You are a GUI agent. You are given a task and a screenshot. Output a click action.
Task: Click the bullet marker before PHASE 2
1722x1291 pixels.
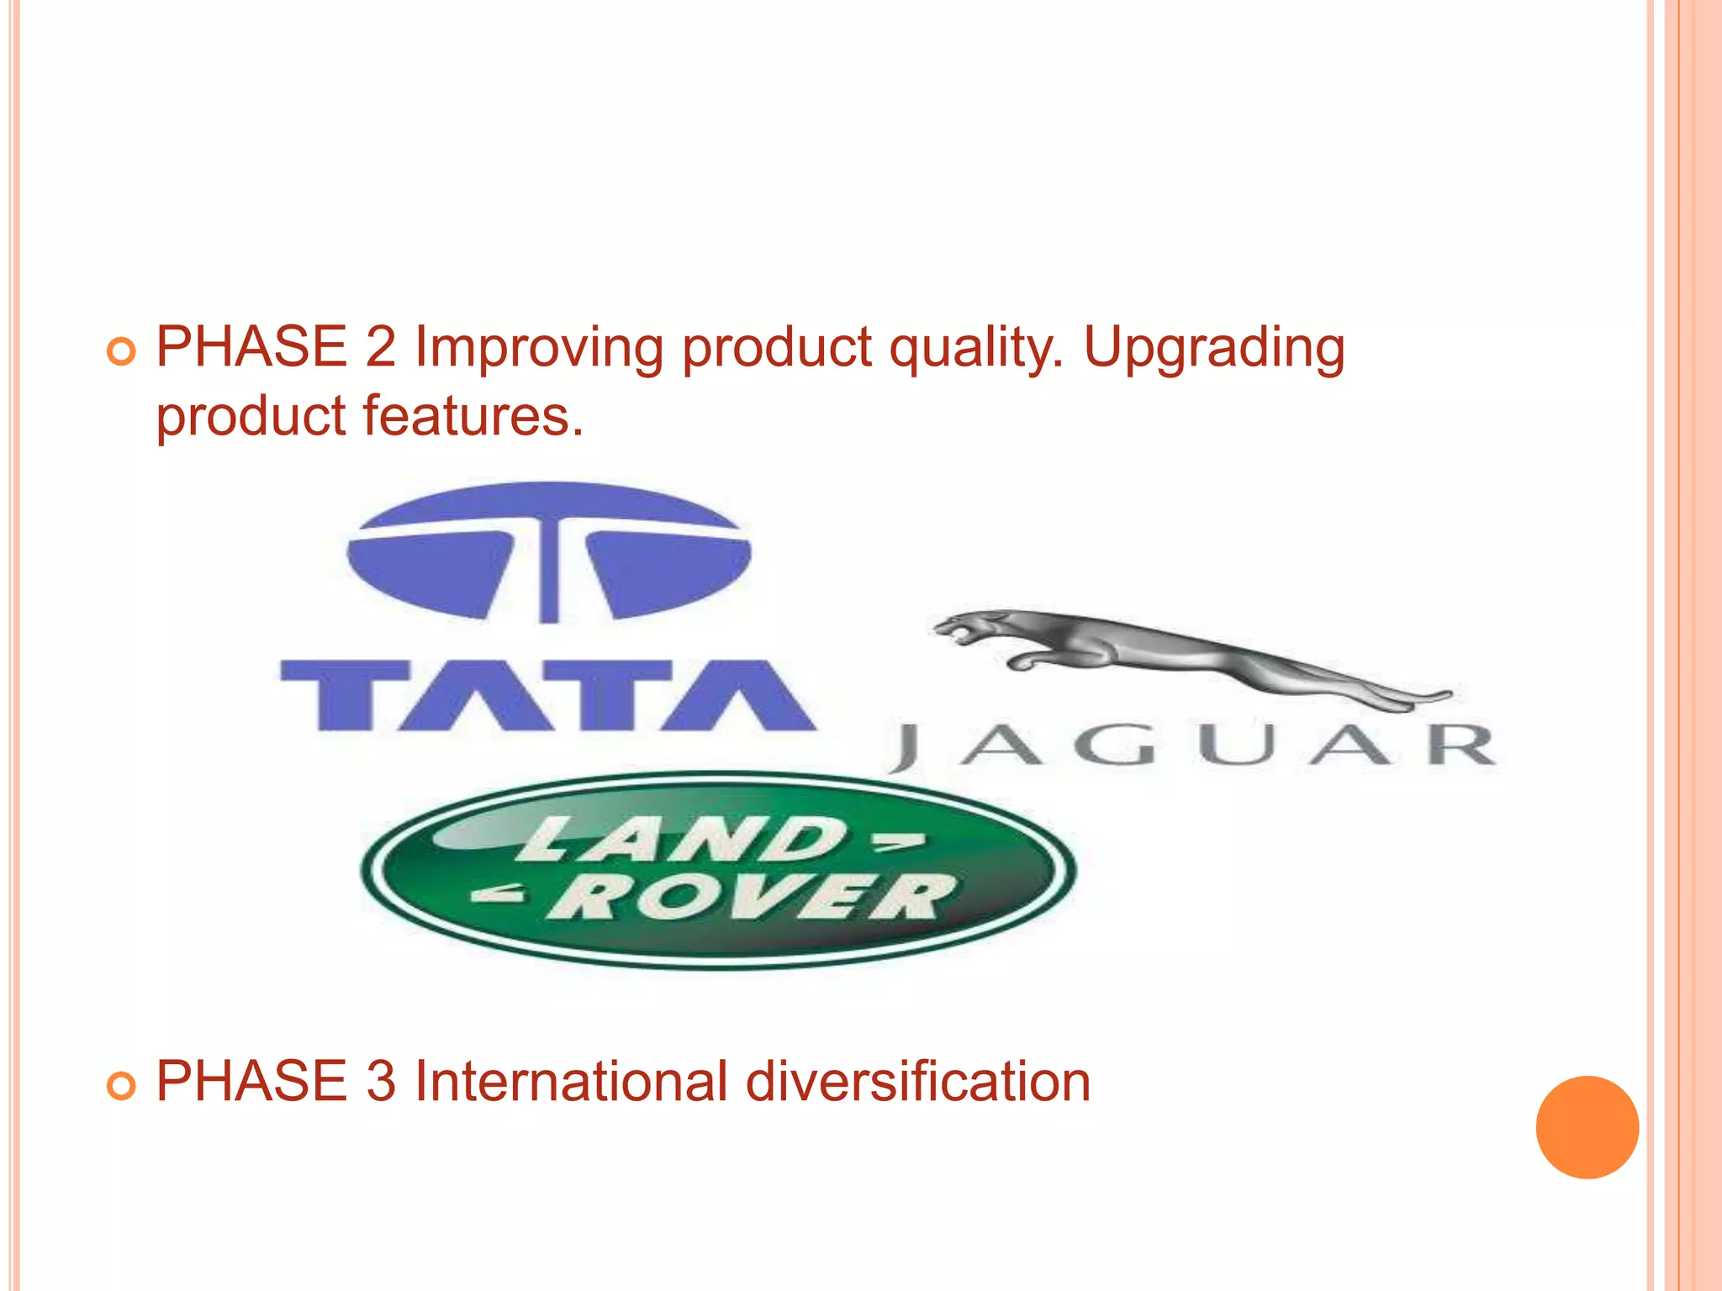click(121, 351)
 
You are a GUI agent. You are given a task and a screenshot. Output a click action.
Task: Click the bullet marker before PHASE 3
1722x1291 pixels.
click(121, 1086)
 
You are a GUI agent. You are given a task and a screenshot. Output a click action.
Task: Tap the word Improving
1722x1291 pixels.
click(539, 348)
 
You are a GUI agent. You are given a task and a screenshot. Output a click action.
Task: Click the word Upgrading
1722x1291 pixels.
click(1214, 348)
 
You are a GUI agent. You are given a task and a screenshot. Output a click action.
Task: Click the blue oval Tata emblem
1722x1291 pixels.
click(548, 552)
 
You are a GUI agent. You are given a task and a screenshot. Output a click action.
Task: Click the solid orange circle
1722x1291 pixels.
click(1587, 1127)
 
